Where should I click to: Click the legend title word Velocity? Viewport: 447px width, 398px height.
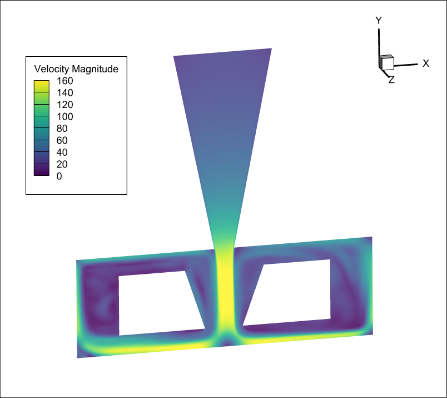point(52,69)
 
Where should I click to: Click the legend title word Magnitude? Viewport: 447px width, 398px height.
point(95,69)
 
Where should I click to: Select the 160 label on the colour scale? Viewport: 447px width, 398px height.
point(64,81)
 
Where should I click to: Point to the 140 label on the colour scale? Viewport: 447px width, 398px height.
point(64,93)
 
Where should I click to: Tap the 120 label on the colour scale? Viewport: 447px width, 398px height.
point(64,105)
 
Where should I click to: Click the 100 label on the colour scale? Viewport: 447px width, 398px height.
point(64,117)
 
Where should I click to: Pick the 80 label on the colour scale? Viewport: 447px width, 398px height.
point(62,129)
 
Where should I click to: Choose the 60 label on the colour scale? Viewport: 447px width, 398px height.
point(62,140)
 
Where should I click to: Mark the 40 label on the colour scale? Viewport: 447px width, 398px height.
point(62,153)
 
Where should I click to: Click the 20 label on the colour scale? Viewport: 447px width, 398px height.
point(62,164)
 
